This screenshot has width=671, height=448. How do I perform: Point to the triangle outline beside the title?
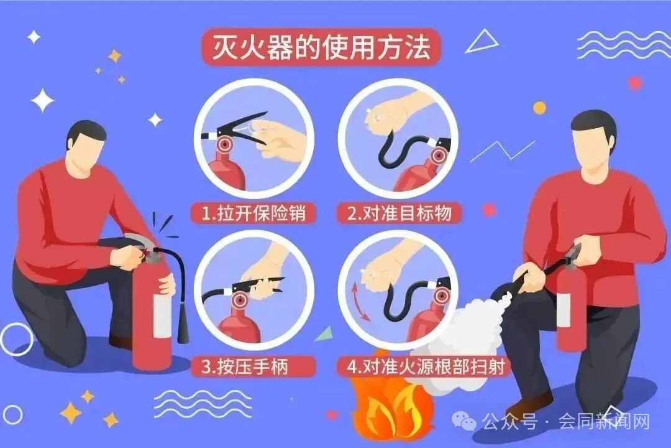pos(482,42)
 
